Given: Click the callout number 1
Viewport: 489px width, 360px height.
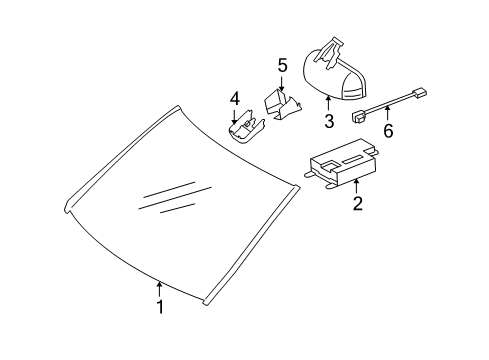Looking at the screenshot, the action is [161, 307].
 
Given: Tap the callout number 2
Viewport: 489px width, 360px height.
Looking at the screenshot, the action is [358, 203].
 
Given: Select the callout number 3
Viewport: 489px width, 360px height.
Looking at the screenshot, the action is [329, 120].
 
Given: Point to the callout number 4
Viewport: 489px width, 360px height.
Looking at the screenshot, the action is [235, 99].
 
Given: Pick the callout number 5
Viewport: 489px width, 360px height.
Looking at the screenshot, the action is [282, 65].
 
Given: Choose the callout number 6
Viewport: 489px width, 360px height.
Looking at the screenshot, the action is [388, 130].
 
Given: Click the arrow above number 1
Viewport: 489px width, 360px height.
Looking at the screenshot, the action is [159, 289].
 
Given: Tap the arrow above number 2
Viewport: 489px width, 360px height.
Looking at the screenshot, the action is [357, 186].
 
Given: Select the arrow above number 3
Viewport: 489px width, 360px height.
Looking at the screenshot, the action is [328, 103].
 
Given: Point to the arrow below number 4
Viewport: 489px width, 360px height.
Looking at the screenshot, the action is [234, 116].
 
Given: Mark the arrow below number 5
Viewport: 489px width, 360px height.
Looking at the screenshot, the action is [282, 83].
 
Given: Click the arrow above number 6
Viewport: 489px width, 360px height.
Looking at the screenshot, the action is [388, 113].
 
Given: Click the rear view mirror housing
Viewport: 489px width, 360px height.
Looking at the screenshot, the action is [333, 78].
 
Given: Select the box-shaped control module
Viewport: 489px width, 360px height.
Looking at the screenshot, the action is [343, 163].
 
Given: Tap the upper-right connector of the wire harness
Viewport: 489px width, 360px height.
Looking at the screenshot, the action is [420, 92].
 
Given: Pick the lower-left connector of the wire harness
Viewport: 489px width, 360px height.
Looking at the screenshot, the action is [360, 117].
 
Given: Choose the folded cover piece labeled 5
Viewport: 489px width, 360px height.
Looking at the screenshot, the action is [282, 104].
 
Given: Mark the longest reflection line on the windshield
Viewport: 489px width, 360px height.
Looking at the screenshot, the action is [175, 198].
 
